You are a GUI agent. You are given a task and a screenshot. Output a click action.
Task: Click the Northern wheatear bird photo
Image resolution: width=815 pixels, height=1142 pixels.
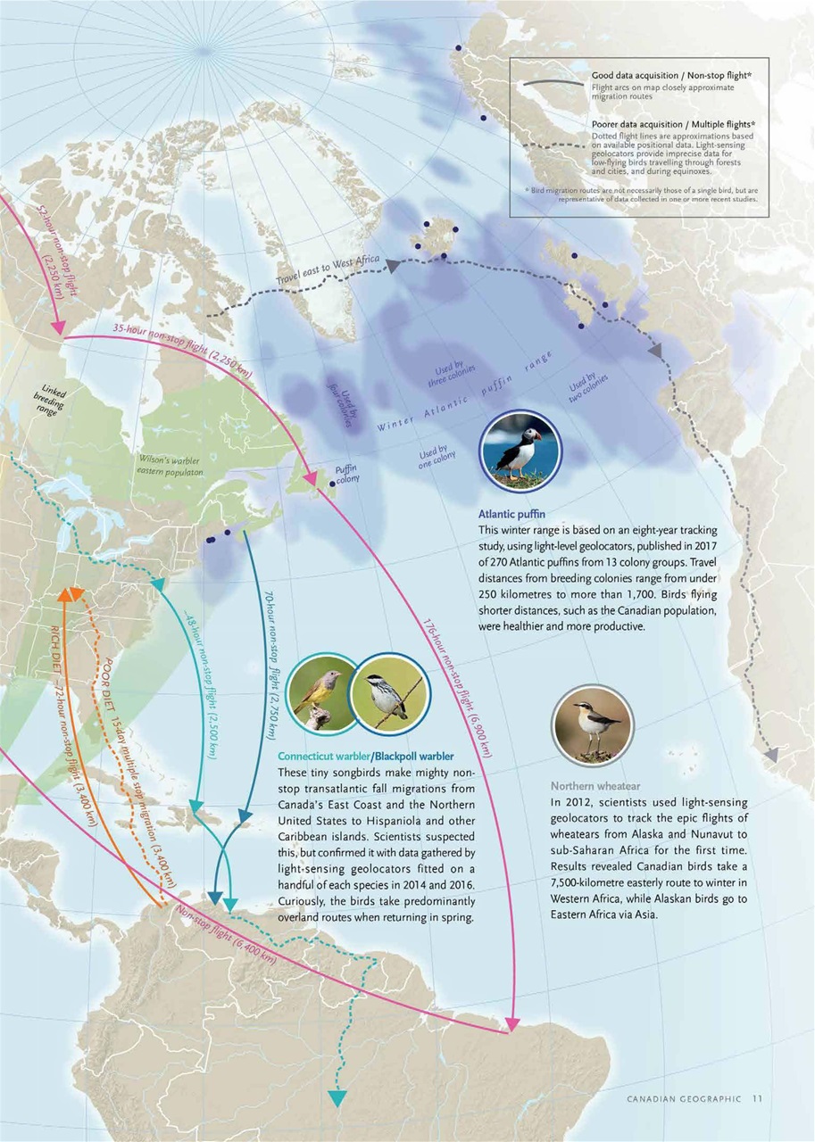[x=592, y=726]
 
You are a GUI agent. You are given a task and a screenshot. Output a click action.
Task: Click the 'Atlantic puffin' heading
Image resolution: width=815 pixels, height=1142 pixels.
[x=505, y=514]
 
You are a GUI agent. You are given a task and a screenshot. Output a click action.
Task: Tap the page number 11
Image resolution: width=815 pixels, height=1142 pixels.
[x=757, y=1098]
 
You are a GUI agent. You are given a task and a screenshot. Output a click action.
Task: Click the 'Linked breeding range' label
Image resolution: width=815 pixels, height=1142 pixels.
[x=48, y=401]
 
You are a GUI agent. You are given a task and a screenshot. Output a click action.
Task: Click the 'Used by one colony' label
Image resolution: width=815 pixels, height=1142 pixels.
[x=437, y=458]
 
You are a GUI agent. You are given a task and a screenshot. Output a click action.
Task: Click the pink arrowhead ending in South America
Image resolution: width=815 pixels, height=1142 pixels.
[x=512, y=1023]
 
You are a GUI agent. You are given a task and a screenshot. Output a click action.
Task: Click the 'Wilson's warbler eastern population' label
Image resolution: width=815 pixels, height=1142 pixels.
[x=170, y=466]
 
